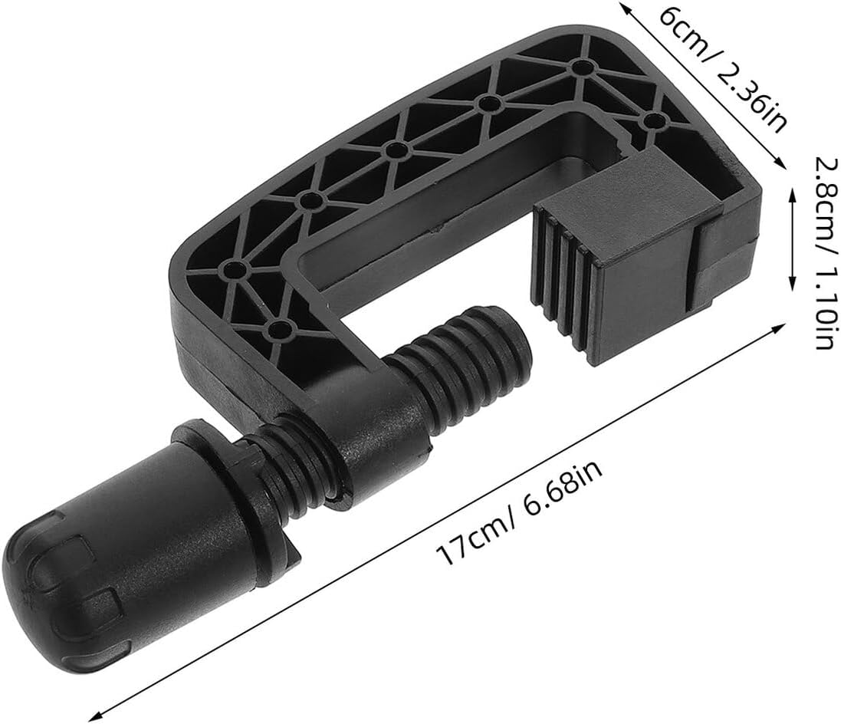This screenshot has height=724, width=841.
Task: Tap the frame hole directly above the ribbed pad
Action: click(653, 121)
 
